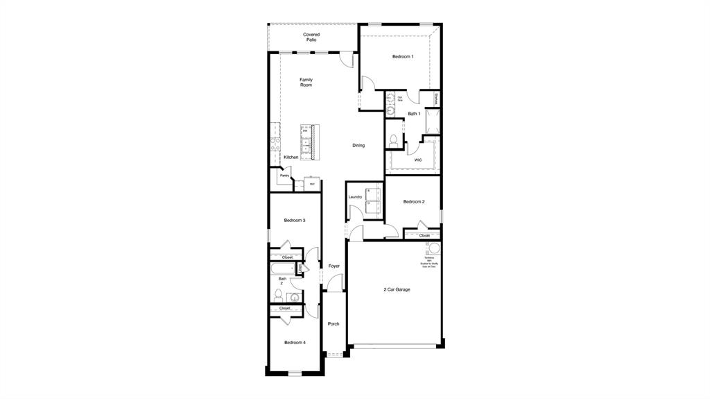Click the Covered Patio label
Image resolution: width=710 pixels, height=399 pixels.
[x=311, y=37]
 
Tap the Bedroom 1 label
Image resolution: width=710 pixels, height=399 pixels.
[x=403, y=56]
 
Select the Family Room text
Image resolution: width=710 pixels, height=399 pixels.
[x=306, y=82]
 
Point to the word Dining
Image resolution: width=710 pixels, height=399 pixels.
[x=358, y=145]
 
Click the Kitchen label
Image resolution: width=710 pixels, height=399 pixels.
[x=291, y=157]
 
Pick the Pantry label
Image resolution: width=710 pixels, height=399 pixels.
[x=284, y=176]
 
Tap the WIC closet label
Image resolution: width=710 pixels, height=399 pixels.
[x=418, y=160]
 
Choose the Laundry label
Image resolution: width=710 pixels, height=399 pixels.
[x=355, y=197]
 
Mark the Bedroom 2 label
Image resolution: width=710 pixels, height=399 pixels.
[x=414, y=201]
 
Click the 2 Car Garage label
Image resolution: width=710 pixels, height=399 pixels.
[x=397, y=289]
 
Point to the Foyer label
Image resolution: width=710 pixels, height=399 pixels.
[x=334, y=266]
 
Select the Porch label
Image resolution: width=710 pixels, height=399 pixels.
[x=334, y=323]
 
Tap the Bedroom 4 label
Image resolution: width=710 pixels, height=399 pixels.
[x=295, y=342]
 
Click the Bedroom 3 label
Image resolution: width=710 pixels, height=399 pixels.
[x=295, y=220]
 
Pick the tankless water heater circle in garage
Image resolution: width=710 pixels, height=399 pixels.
[x=435, y=248]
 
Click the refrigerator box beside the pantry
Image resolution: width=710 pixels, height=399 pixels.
[x=312, y=184]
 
